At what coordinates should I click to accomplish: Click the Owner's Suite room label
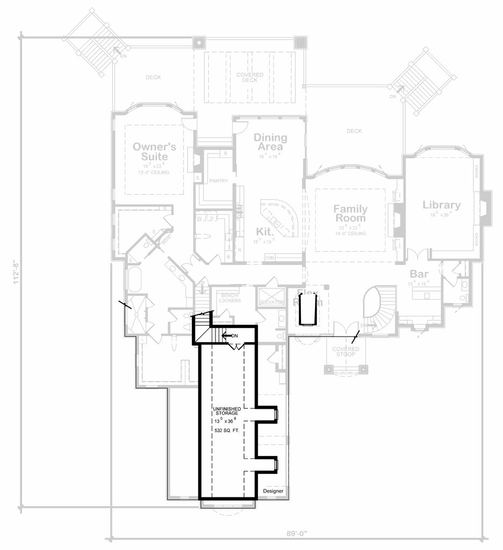tap(151, 151)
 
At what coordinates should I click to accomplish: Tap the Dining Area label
tap(270, 142)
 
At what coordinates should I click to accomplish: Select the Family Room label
tap(350, 213)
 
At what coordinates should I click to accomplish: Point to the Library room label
tap(441, 205)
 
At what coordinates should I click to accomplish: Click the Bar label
tap(419, 273)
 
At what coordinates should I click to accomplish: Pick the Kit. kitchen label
tap(264, 231)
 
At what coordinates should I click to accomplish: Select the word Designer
tap(272, 491)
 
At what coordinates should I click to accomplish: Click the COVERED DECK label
tap(250, 77)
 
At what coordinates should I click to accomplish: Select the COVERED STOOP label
tap(346, 352)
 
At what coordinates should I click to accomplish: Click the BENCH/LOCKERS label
tap(229, 297)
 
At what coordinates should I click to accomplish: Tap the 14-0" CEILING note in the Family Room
tap(350, 234)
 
